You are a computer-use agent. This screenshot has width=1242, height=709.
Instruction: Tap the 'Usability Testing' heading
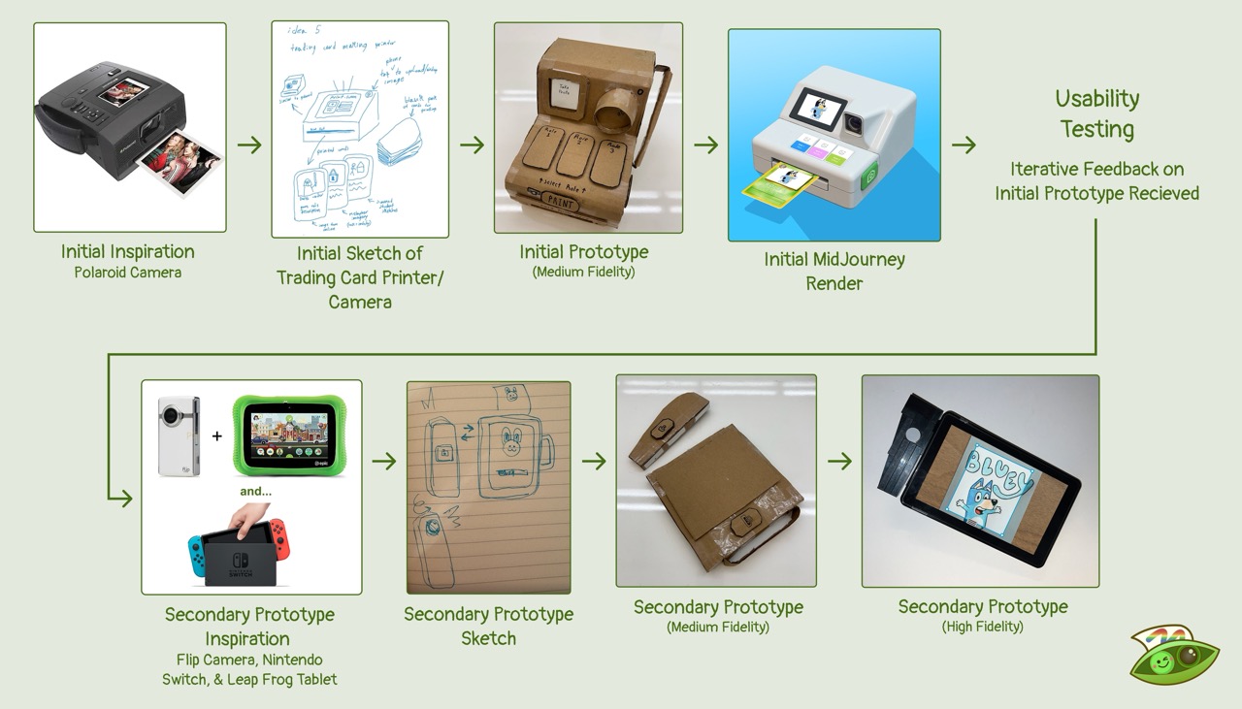pos(1096,113)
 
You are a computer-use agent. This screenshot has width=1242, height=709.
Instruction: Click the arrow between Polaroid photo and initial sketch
pos(249,145)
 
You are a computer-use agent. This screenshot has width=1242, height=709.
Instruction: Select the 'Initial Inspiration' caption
pos(128,251)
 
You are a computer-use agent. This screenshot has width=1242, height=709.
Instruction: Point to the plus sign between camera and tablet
pos(216,435)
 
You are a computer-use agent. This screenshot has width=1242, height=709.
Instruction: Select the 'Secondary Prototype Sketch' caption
pos(488,626)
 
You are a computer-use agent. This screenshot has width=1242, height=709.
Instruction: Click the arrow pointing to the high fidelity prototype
pos(839,460)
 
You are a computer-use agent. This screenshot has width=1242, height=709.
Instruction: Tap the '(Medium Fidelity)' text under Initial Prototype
pos(583,272)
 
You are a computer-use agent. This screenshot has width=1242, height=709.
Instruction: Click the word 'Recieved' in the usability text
pos(1160,193)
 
